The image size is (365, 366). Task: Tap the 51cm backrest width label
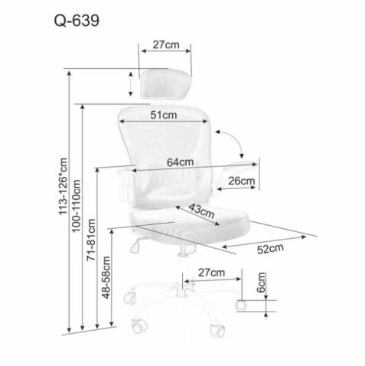(164, 114)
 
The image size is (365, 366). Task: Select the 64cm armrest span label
(181, 162)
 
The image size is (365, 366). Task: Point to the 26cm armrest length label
(241, 181)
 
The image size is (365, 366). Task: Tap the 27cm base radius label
(211, 273)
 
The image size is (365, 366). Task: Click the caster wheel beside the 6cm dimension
(240, 304)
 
